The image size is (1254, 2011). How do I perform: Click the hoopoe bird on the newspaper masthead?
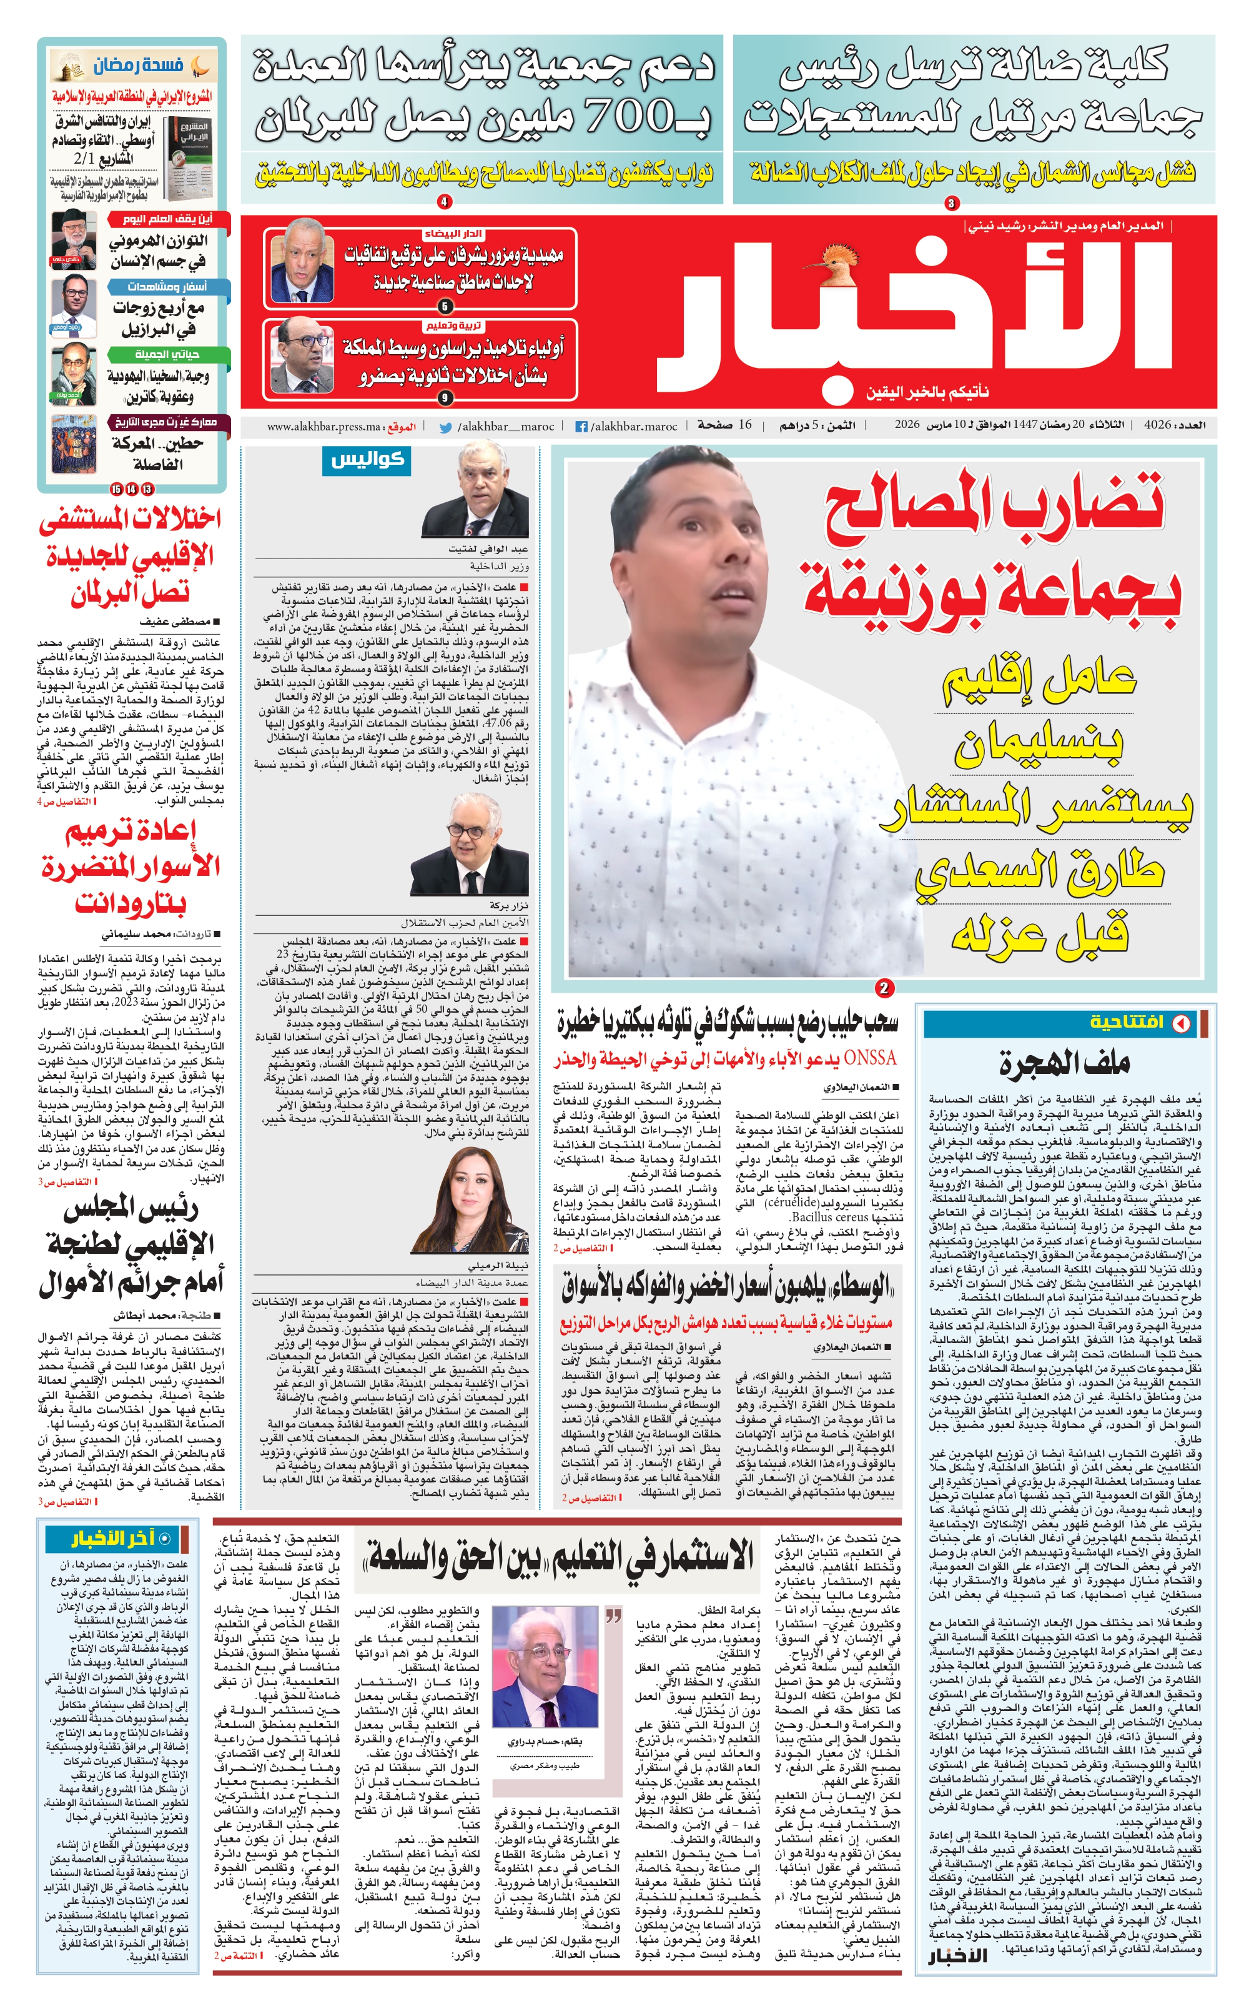tap(840, 258)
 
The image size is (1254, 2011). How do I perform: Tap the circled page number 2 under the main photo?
tap(884, 988)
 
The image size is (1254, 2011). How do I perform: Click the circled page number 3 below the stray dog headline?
tap(951, 203)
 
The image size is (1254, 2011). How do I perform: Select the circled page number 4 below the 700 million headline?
tap(445, 202)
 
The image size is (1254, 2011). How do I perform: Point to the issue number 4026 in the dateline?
tap(1157, 425)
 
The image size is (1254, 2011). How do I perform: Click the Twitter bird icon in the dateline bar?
tap(445, 427)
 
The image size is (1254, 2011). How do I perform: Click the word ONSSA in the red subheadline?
tap(871, 1058)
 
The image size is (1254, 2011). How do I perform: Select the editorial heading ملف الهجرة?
tap(1064, 1063)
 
